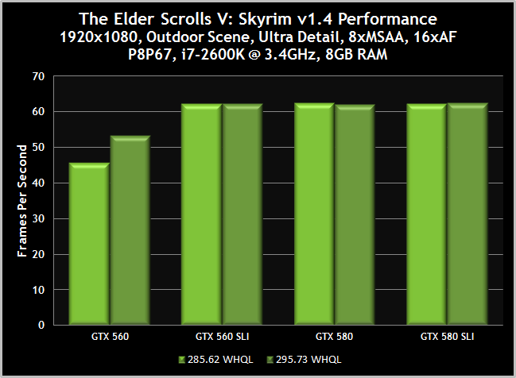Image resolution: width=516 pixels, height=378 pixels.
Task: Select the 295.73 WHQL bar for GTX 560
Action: point(130,231)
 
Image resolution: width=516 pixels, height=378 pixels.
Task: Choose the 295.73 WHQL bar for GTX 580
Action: point(355,215)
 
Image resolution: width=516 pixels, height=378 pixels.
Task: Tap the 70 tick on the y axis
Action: point(38,77)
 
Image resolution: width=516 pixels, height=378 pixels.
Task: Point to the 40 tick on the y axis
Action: point(38,183)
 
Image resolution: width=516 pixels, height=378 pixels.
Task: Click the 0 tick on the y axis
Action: point(41,325)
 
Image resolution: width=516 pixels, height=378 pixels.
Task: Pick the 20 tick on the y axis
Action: point(38,254)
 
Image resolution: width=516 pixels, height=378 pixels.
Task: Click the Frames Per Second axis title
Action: point(22,201)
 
